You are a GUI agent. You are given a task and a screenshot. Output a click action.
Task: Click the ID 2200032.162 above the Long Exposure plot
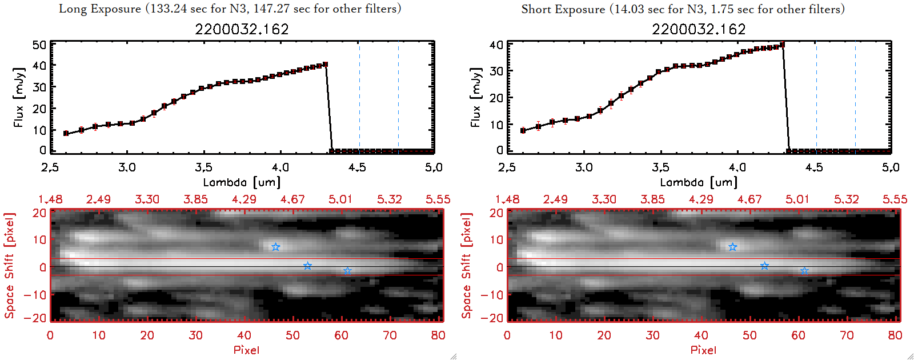[242, 29]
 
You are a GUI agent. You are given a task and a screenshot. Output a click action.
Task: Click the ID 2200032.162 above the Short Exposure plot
[699, 29]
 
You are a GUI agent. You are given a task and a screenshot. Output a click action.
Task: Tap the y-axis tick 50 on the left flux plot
[39, 45]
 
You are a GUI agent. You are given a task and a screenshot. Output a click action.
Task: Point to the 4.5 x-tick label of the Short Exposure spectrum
[814, 167]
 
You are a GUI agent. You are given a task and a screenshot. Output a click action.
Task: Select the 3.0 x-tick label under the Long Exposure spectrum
[127, 167]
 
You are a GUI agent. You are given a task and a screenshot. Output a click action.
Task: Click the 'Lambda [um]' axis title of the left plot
[242, 182]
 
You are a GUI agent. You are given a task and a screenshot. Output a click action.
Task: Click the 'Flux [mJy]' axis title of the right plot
[475, 97]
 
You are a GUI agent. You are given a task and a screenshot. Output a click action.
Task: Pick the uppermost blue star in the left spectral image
[276, 247]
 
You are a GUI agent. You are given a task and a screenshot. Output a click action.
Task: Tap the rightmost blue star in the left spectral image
[347, 271]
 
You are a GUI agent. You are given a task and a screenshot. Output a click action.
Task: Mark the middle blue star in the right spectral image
[764, 266]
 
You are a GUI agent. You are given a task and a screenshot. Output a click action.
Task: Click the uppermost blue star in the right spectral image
[733, 247]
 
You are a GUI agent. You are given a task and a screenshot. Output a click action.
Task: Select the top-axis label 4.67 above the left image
[292, 199]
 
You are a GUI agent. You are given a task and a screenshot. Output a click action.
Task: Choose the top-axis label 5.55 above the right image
[895, 199]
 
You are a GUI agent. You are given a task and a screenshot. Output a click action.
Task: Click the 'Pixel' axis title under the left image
[246, 350]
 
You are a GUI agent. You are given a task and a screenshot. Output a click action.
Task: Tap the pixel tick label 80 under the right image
[895, 335]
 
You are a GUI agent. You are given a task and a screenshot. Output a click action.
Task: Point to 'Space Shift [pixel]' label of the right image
[467, 266]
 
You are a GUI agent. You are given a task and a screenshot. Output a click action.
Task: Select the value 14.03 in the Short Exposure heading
[628, 9]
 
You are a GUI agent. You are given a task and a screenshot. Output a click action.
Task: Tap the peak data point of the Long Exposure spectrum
[325, 65]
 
